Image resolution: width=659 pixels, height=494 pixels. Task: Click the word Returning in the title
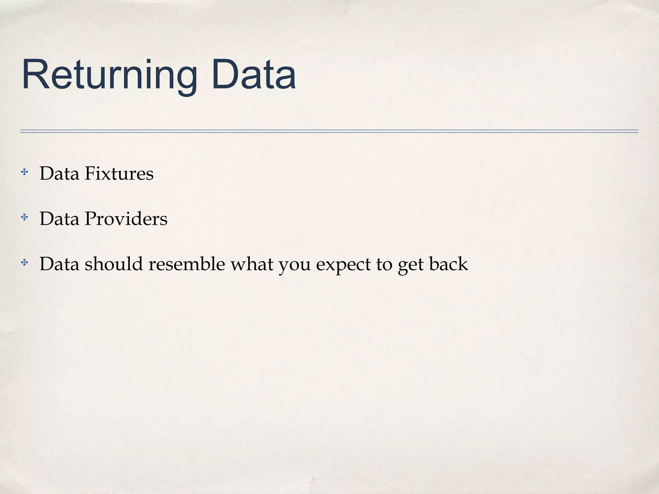pos(109,75)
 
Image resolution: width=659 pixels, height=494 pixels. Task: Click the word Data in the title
pos(254,75)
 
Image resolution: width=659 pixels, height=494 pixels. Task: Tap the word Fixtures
pos(119,174)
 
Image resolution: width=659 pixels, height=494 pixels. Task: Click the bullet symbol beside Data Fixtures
pos(24,172)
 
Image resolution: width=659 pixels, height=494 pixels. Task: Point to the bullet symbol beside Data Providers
pos(24,218)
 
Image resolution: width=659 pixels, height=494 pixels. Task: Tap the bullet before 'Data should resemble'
pos(24,263)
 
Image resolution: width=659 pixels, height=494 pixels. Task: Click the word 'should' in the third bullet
pos(114,264)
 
